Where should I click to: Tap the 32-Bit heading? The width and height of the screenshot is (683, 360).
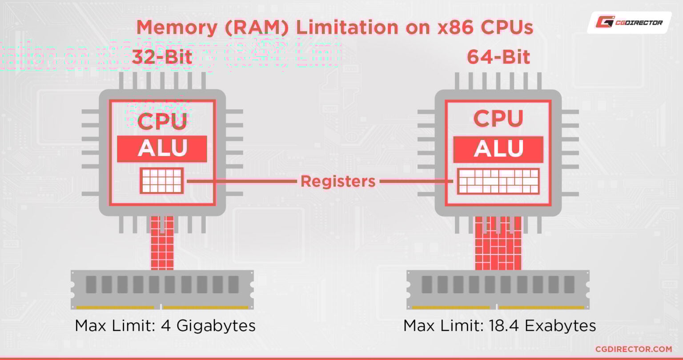(x=162, y=58)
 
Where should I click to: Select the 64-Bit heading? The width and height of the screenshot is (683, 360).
(x=498, y=58)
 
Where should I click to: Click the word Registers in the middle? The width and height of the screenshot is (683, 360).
(x=338, y=181)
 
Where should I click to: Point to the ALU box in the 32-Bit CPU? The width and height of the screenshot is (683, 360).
(x=162, y=149)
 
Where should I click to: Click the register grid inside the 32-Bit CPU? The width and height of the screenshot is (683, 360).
(x=162, y=180)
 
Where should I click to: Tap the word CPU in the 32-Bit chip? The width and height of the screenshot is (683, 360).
(x=162, y=121)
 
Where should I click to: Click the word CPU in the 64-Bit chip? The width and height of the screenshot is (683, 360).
(x=498, y=119)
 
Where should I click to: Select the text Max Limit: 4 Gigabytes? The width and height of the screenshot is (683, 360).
(x=165, y=326)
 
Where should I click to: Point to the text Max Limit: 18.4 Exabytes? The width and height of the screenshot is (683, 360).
(x=499, y=326)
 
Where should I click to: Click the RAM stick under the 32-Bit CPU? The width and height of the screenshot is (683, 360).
(x=162, y=289)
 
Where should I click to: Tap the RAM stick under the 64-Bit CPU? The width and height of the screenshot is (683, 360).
(x=498, y=289)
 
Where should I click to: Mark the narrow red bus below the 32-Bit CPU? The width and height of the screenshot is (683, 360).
(x=162, y=244)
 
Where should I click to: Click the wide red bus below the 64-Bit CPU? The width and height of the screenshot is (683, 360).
(x=498, y=244)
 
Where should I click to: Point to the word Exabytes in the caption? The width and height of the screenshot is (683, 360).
(x=560, y=326)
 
